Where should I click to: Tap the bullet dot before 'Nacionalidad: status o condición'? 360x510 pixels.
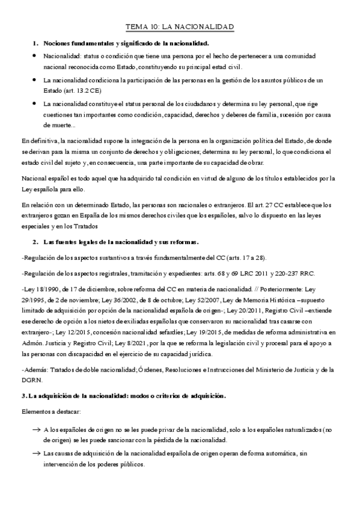tap(35, 56)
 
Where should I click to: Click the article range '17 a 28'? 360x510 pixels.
tap(251, 257)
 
